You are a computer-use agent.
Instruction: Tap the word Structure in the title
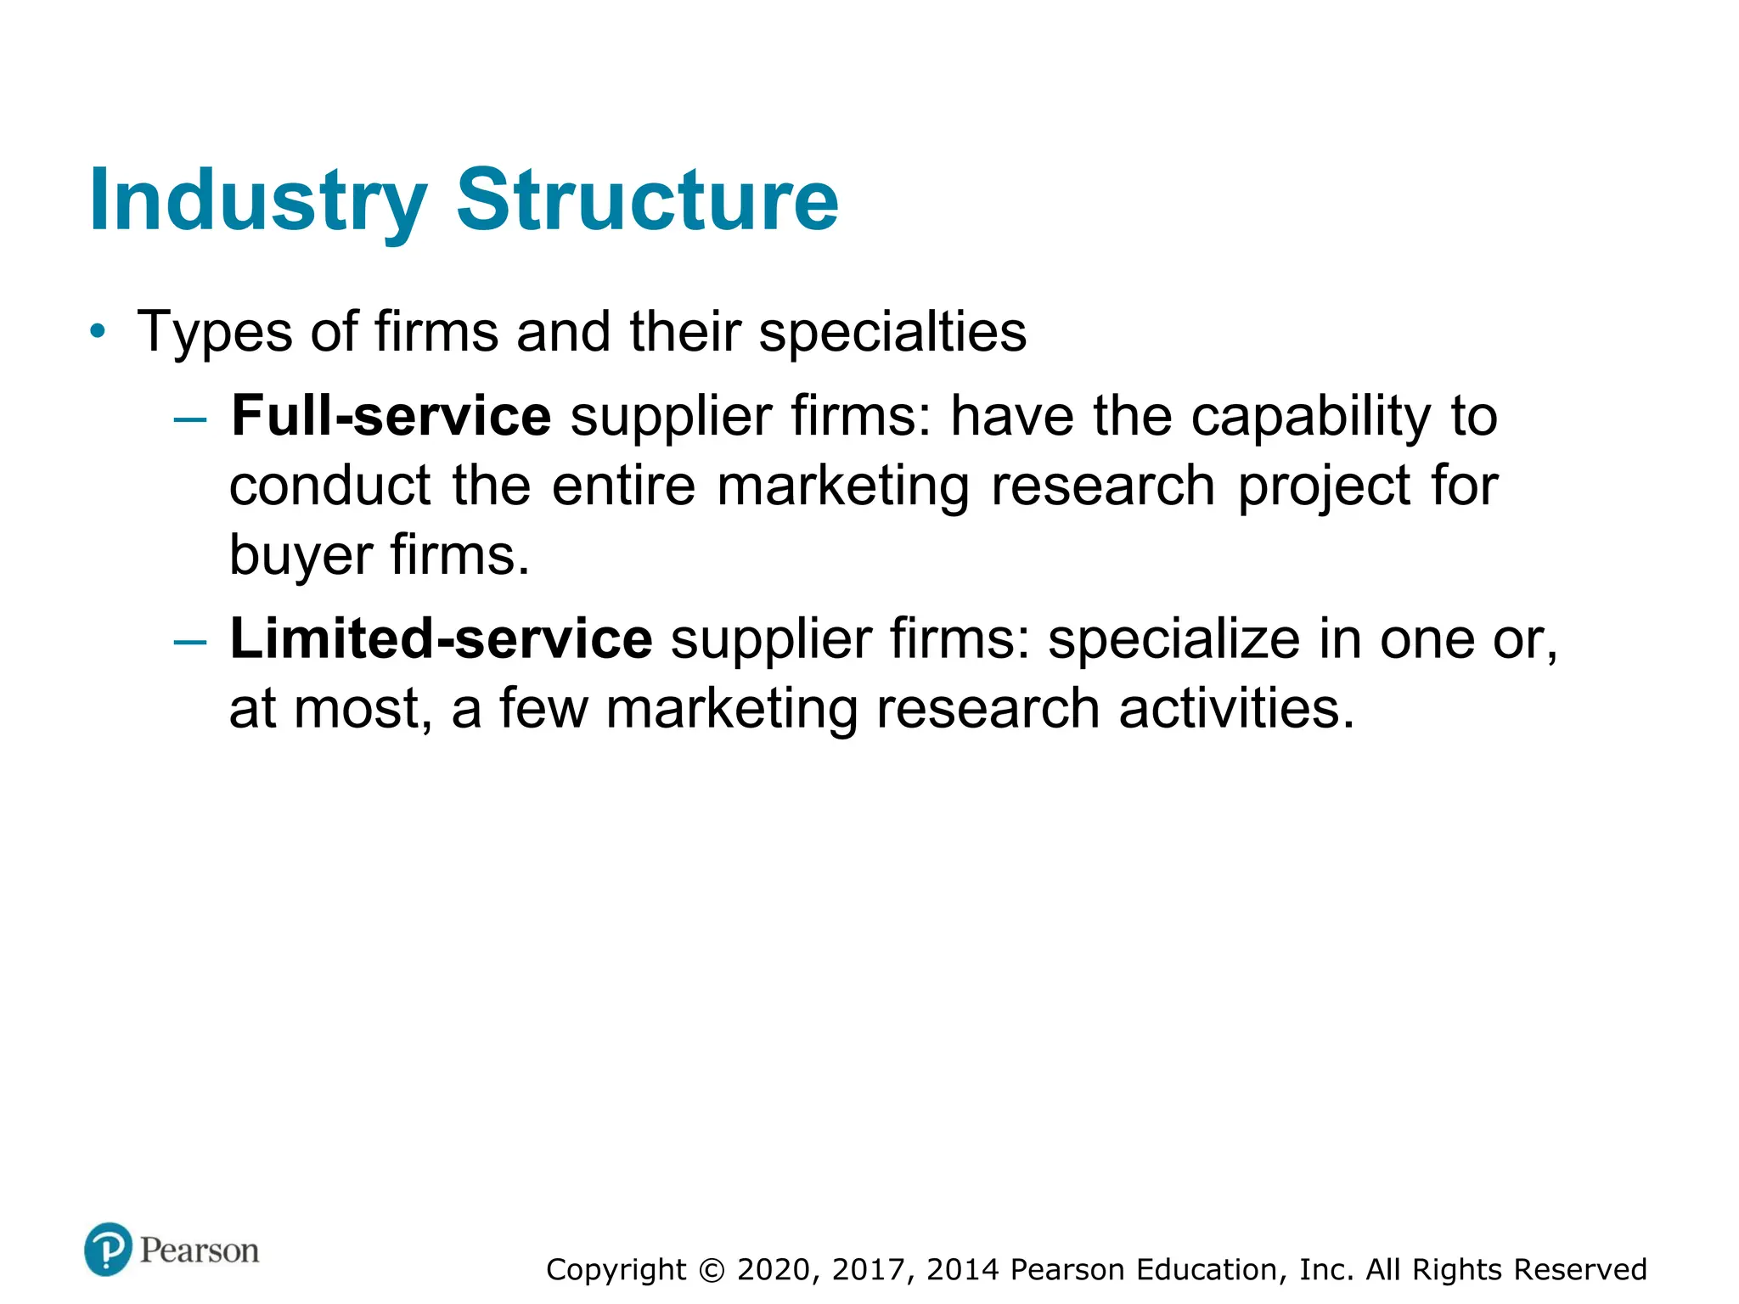tap(647, 200)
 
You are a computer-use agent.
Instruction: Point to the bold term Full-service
tap(391, 416)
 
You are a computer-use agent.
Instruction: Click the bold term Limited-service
tap(441, 639)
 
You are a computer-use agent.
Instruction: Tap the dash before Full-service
tap(189, 419)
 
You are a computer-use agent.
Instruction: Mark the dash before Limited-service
tap(189, 643)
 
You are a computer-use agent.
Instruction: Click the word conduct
tap(330, 486)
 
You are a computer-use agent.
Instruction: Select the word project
tap(1325, 488)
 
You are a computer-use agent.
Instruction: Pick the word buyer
tap(301, 557)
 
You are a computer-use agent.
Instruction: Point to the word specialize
tap(1173, 641)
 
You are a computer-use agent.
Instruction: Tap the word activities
tap(1236, 709)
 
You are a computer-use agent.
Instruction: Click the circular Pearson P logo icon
tap(108, 1249)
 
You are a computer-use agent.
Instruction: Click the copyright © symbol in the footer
tap(712, 1270)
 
